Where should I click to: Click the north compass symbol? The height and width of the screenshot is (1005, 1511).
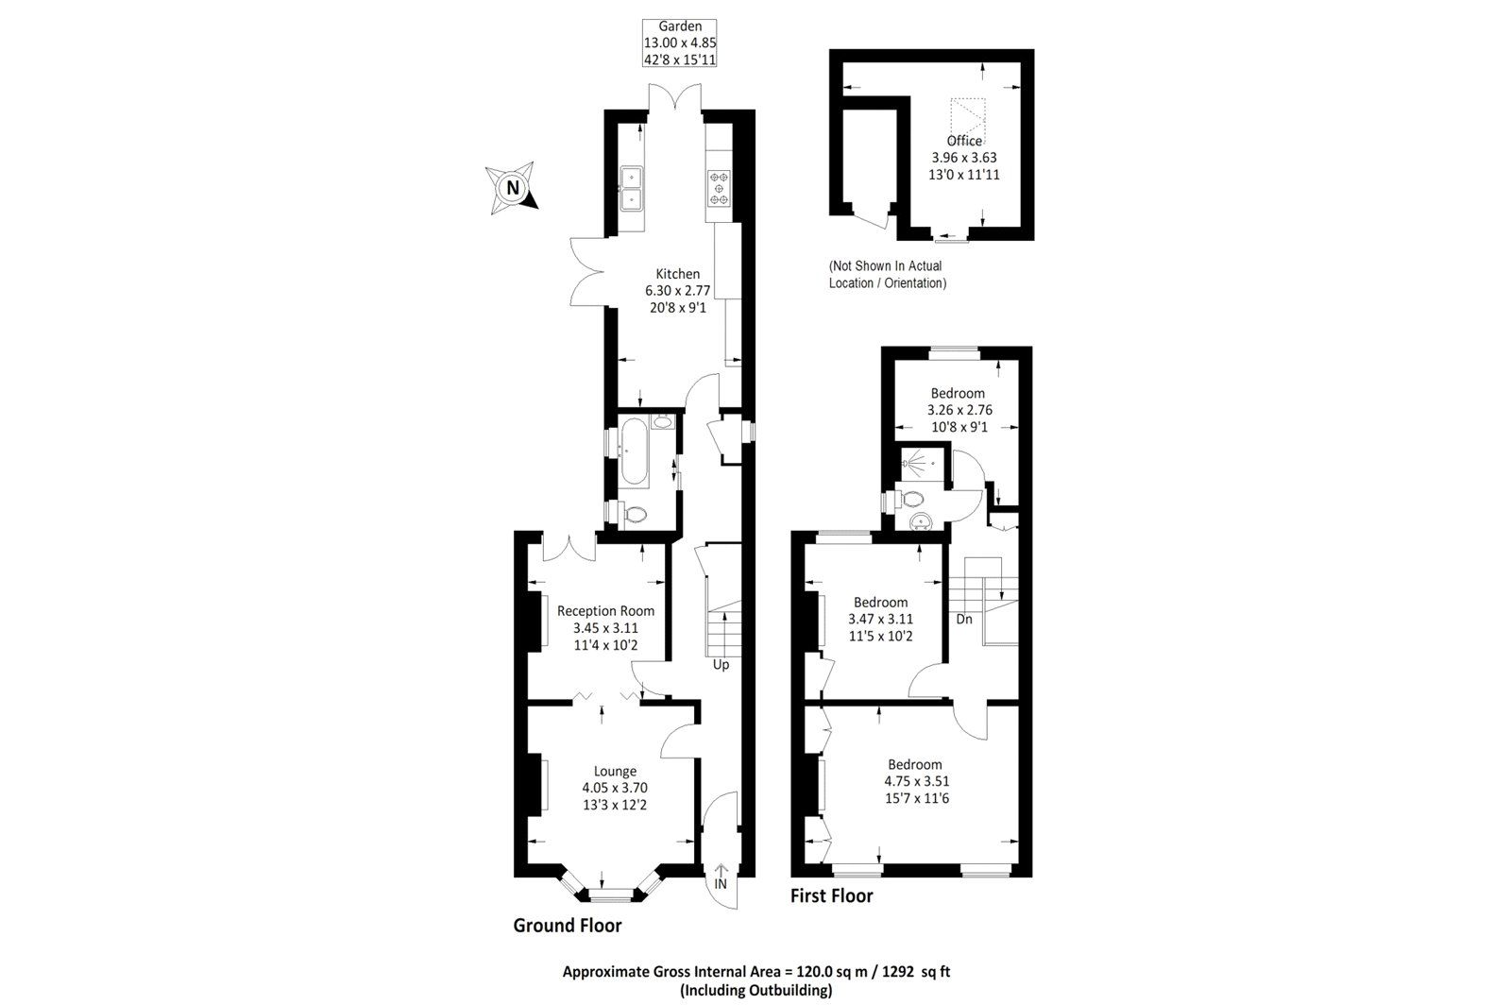[511, 187]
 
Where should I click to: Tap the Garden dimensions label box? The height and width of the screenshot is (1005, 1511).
[679, 43]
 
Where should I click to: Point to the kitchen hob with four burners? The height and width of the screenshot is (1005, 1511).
[720, 187]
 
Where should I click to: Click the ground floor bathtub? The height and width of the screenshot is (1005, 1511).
[632, 454]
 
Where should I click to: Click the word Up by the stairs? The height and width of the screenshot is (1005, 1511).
[721, 664]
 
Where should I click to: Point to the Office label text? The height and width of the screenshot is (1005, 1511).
[964, 141]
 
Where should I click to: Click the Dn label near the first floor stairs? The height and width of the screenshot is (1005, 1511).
[964, 620]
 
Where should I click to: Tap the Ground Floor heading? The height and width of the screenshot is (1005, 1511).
[567, 926]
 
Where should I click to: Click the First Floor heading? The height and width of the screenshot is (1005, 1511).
[831, 895]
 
